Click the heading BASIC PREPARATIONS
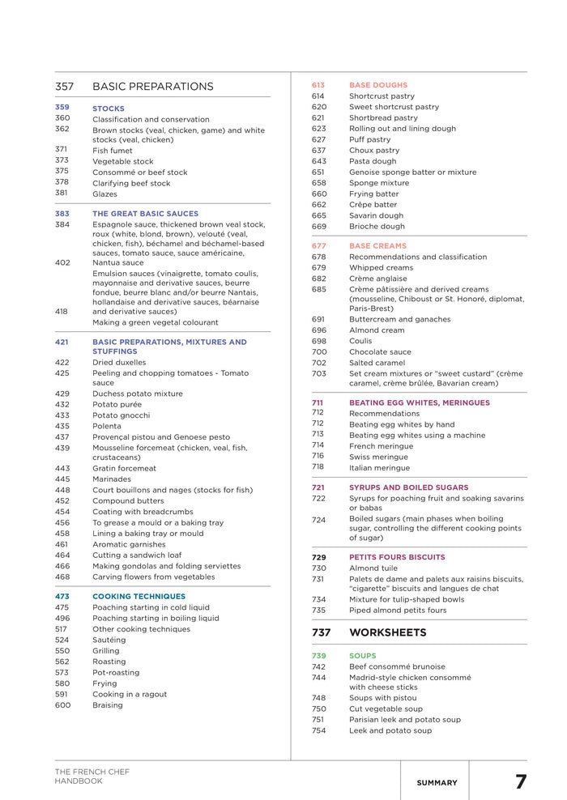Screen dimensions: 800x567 pyautogui.click(x=152, y=87)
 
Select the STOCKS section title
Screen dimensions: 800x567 pyautogui.click(x=108, y=109)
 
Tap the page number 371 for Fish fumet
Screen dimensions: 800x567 pyautogui.click(x=62, y=150)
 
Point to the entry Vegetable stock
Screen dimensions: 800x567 pyautogui.click(x=122, y=161)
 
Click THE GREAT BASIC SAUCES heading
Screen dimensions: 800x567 pyautogui.click(x=145, y=214)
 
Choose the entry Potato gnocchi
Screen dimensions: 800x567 pyautogui.click(x=120, y=415)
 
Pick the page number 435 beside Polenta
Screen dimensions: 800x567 pyautogui.click(x=62, y=426)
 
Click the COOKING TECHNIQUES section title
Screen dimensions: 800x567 pyautogui.click(x=139, y=597)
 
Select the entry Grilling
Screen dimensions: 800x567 pyautogui.click(x=105, y=651)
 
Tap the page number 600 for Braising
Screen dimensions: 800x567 pyautogui.click(x=62, y=705)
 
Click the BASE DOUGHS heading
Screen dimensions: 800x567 pyautogui.click(x=378, y=85)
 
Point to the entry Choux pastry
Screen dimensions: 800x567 pyautogui.click(x=374, y=151)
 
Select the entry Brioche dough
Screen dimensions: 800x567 pyautogui.click(x=377, y=227)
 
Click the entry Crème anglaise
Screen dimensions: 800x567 pyautogui.click(x=378, y=279)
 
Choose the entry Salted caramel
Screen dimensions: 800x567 pyautogui.click(x=378, y=363)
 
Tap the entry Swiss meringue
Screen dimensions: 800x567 pyautogui.click(x=379, y=457)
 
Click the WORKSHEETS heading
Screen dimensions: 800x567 pyautogui.click(x=387, y=632)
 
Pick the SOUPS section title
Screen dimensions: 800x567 pyautogui.click(x=362, y=656)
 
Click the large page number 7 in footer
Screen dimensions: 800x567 pyautogui.click(x=520, y=782)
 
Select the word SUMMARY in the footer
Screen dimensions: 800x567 pyautogui.click(x=437, y=783)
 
